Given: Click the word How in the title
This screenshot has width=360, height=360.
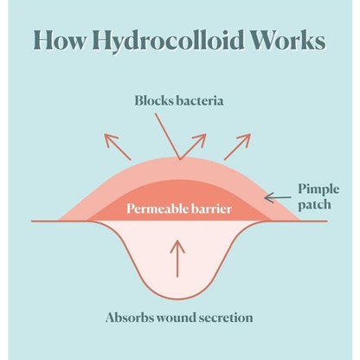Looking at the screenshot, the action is [x=60, y=40].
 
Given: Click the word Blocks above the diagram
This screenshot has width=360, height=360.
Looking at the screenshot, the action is [x=154, y=101].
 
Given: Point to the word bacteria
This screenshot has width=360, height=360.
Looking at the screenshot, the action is [x=200, y=101].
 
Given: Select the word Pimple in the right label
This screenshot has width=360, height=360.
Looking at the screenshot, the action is [x=318, y=190].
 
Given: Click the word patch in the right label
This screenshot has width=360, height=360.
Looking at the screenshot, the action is [x=314, y=205].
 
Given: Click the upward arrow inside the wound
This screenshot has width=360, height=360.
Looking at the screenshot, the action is [x=177, y=259].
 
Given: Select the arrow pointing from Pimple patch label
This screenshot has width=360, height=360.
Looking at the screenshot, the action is [x=278, y=198].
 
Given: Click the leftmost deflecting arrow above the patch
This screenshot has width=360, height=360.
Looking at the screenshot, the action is [x=118, y=147].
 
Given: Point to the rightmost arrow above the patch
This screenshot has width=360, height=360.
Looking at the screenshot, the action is [x=237, y=146].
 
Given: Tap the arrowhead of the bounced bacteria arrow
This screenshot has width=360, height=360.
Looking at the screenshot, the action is [x=200, y=139].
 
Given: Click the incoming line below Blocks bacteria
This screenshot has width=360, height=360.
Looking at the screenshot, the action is [x=168, y=136].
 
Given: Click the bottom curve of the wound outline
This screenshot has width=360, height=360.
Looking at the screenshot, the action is [x=177, y=299].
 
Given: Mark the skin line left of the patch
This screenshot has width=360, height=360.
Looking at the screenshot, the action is [x=45, y=222].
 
